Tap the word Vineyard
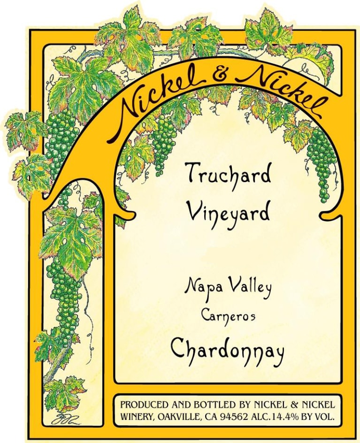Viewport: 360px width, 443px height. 229,213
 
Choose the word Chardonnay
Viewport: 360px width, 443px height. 228,350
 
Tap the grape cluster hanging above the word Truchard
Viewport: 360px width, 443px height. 164,138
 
